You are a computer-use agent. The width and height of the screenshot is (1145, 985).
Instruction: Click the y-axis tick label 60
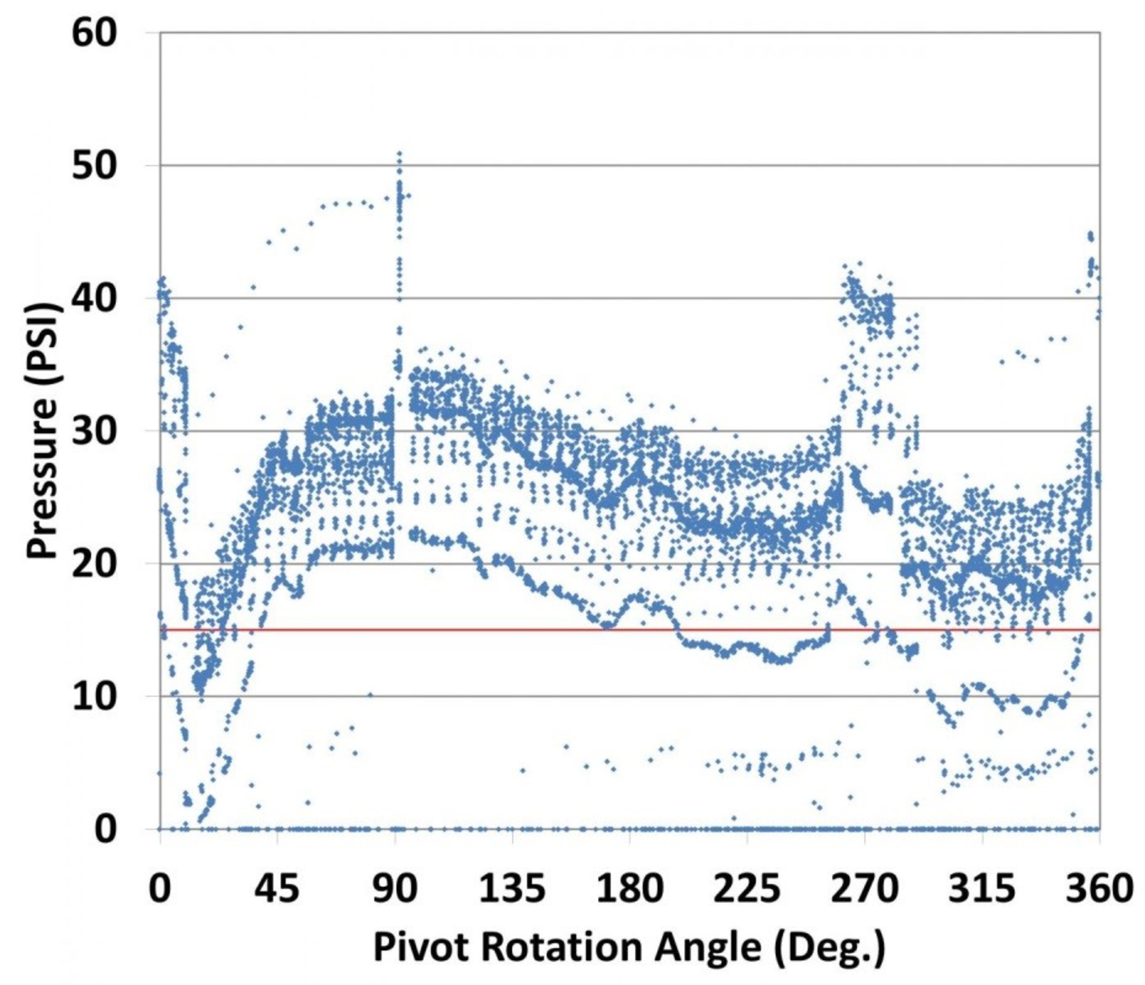point(95,34)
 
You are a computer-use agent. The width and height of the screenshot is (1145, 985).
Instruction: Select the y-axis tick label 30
point(95,432)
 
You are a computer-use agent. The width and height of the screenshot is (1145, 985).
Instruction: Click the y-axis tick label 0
point(107,830)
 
